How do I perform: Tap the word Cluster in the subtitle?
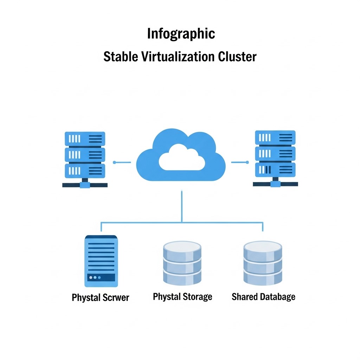click(x=237, y=57)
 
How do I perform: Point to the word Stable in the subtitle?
click(x=121, y=57)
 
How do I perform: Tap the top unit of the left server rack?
click(x=85, y=139)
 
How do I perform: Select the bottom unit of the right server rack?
click(x=275, y=170)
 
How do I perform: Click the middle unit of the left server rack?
click(x=85, y=155)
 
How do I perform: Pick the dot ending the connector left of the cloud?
click(x=114, y=162)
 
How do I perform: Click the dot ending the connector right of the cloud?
click(x=247, y=162)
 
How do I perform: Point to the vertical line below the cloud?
click(x=182, y=206)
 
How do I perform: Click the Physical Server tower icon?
click(x=101, y=261)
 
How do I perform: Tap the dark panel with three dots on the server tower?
click(x=101, y=277)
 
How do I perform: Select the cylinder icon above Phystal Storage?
click(x=182, y=263)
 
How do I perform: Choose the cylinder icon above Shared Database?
click(x=263, y=263)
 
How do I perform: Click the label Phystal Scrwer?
click(x=100, y=297)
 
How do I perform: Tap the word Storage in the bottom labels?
click(x=198, y=297)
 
